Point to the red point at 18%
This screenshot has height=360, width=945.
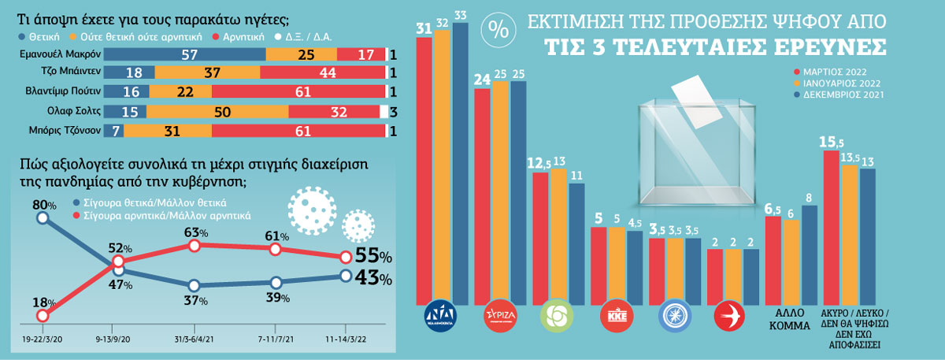[43, 316]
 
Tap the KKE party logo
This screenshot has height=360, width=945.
[615, 314]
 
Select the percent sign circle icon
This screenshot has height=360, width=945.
[498, 30]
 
